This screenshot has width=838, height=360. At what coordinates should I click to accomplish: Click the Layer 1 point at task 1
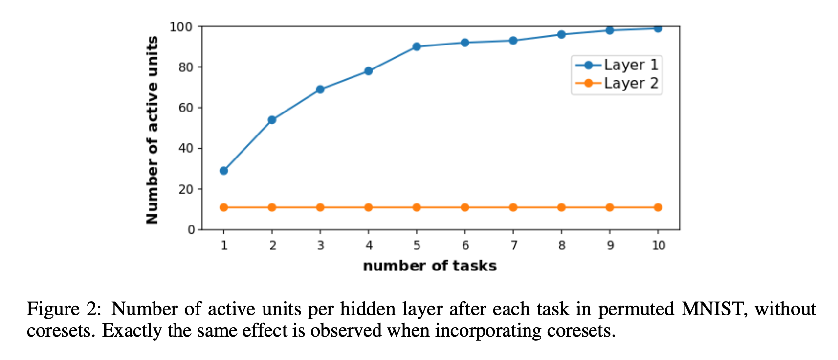[x=223, y=171]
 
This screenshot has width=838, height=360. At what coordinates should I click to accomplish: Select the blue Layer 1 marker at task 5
[x=417, y=47]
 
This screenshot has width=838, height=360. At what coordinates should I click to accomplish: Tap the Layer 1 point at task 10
[x=658, y=28]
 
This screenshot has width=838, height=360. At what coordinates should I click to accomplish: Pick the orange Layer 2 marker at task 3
[x=320, y=207]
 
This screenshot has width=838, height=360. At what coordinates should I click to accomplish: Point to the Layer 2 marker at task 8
[x=561, y=207]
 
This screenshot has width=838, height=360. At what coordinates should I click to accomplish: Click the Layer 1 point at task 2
[x=272, y=120]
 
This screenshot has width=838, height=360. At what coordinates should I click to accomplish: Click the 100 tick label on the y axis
[x=181, y=27]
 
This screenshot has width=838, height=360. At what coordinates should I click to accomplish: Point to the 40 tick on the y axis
[x=186, y=148]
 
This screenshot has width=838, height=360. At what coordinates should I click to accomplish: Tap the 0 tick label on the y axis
[x=191, y=230]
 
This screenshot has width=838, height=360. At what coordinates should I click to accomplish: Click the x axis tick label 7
[x=513, y=245]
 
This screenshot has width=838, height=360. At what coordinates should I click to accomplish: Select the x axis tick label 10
[x=658, y=245]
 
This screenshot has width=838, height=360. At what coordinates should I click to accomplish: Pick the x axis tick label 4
[x=369, y=245]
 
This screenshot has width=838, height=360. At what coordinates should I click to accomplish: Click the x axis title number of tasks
[x=430, y=266]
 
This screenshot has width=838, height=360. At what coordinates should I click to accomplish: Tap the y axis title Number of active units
[x=153, y=130]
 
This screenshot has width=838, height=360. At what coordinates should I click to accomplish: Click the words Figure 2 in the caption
[x=63, y=309]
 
